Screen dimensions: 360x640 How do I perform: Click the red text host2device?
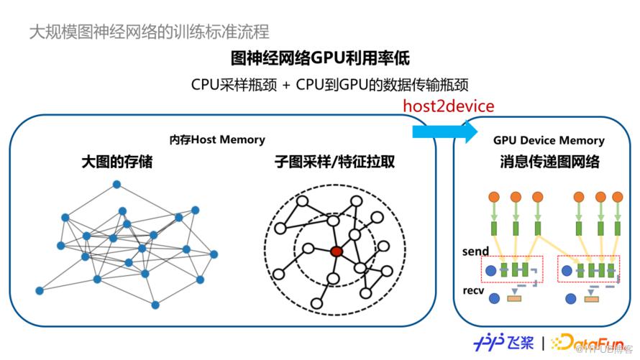tap(448, 106)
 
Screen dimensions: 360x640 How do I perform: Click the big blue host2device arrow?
tap(444, 131)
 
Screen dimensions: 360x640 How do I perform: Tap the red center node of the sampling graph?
tap(336, 251)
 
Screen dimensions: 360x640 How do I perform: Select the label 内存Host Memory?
tap(217, 139)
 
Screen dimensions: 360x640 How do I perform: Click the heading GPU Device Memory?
tap(549, 141)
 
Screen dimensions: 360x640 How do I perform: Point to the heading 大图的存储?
tap(116, 162)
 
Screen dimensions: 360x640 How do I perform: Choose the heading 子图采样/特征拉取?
tap(334, 162)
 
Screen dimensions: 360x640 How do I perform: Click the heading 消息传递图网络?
tap(549, 162)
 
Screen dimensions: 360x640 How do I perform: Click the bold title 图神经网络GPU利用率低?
tap(320, 57)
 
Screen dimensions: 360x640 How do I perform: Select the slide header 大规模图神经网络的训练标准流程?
tap(150, 32)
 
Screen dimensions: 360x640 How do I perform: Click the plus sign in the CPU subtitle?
tap(285, 84)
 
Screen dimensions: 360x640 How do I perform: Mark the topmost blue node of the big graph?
tap(116, 184)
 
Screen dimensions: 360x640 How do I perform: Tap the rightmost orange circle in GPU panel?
tap(617, 196)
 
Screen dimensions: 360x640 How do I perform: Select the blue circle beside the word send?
tap(490, 271)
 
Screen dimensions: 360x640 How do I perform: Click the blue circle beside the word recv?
tap(490, 296)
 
